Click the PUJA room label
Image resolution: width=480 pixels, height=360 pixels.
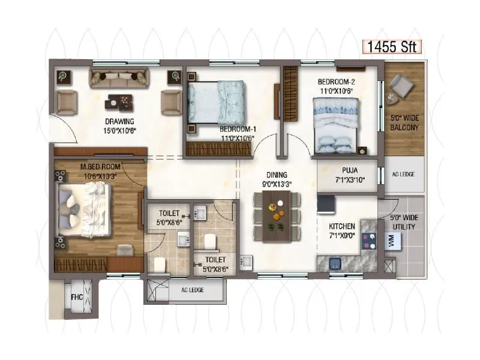(x=346, y=170)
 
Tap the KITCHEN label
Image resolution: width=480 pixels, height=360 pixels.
(x=342, y=226)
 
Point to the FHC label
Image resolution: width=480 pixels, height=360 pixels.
(x=76, y=296)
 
